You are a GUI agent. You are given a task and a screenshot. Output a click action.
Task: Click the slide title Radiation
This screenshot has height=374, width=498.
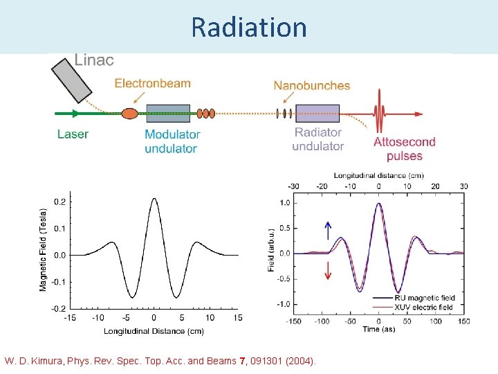point(248,27)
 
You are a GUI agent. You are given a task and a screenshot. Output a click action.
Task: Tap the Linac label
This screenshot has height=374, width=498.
point(93,60)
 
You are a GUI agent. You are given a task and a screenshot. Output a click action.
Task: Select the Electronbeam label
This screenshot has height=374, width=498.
point(152,84)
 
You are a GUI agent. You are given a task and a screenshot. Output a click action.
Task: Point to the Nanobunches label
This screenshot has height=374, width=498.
point(311,86)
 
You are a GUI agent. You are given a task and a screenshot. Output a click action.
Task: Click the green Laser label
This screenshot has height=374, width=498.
point(73,134)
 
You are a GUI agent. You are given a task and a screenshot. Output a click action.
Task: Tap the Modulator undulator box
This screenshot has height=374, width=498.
point(168,113)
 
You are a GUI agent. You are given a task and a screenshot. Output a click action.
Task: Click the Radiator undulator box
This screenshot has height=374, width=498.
point(317,113)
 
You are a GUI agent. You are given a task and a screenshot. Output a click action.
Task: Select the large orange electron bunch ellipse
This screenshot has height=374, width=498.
point(129,113)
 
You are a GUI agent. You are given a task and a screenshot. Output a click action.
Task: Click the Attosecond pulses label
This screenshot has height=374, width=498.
point(405,148)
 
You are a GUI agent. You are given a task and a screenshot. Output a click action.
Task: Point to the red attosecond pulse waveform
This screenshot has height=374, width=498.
point(378,112)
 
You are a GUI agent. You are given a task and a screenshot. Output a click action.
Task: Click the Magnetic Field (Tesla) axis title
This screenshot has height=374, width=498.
point(44,249)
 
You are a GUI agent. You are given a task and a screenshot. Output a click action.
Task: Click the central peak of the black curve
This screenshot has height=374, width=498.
point(154,200)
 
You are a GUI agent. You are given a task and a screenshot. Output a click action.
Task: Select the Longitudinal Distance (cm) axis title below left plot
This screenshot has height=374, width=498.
point(154,331)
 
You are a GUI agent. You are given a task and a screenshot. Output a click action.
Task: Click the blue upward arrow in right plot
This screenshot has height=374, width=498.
point(328,231)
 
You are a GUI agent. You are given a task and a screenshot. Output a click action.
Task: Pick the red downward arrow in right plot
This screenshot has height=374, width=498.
point(328,271)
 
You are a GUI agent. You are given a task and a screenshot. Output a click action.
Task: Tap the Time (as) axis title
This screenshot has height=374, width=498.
point(378,330)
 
